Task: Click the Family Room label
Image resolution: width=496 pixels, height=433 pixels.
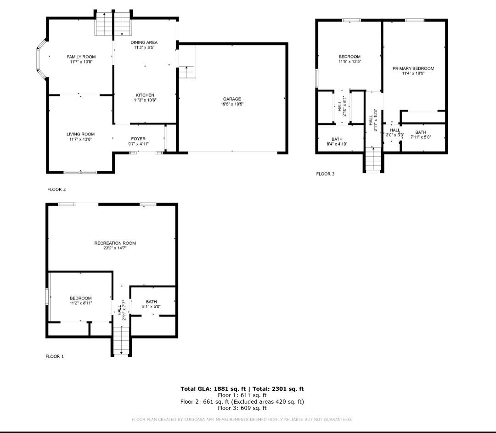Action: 81,57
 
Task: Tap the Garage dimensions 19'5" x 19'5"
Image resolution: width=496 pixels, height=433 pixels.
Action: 232,104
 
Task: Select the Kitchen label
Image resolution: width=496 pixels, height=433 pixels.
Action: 145,95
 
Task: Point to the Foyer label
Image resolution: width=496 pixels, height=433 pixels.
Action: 138,139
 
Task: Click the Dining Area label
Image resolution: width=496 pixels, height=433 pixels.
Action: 144,42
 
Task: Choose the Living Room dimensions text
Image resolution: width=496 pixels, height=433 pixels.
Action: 81,139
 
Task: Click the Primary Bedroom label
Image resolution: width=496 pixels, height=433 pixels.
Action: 413,68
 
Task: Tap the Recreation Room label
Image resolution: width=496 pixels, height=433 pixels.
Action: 115,243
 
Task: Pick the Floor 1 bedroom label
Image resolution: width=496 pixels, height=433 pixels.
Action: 81,298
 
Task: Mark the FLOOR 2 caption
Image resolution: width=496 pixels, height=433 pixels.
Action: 56,190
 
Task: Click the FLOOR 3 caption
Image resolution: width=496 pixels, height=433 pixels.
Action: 325,174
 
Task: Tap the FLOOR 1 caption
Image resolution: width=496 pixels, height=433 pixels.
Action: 55,356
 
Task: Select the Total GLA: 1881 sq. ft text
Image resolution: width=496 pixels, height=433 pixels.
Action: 213,389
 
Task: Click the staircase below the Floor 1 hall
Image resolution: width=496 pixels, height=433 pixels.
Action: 121,341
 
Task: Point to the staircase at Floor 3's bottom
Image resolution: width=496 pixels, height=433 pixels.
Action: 373,160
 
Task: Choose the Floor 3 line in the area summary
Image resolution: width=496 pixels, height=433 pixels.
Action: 242,408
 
